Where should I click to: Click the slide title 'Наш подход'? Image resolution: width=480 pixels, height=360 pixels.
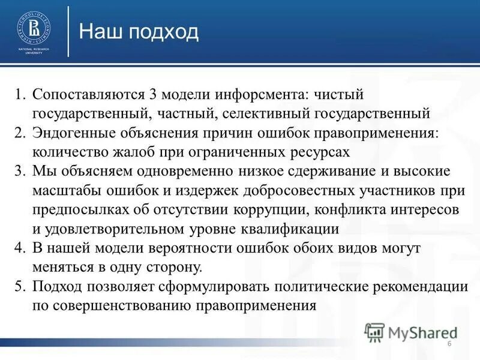point(139,31)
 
